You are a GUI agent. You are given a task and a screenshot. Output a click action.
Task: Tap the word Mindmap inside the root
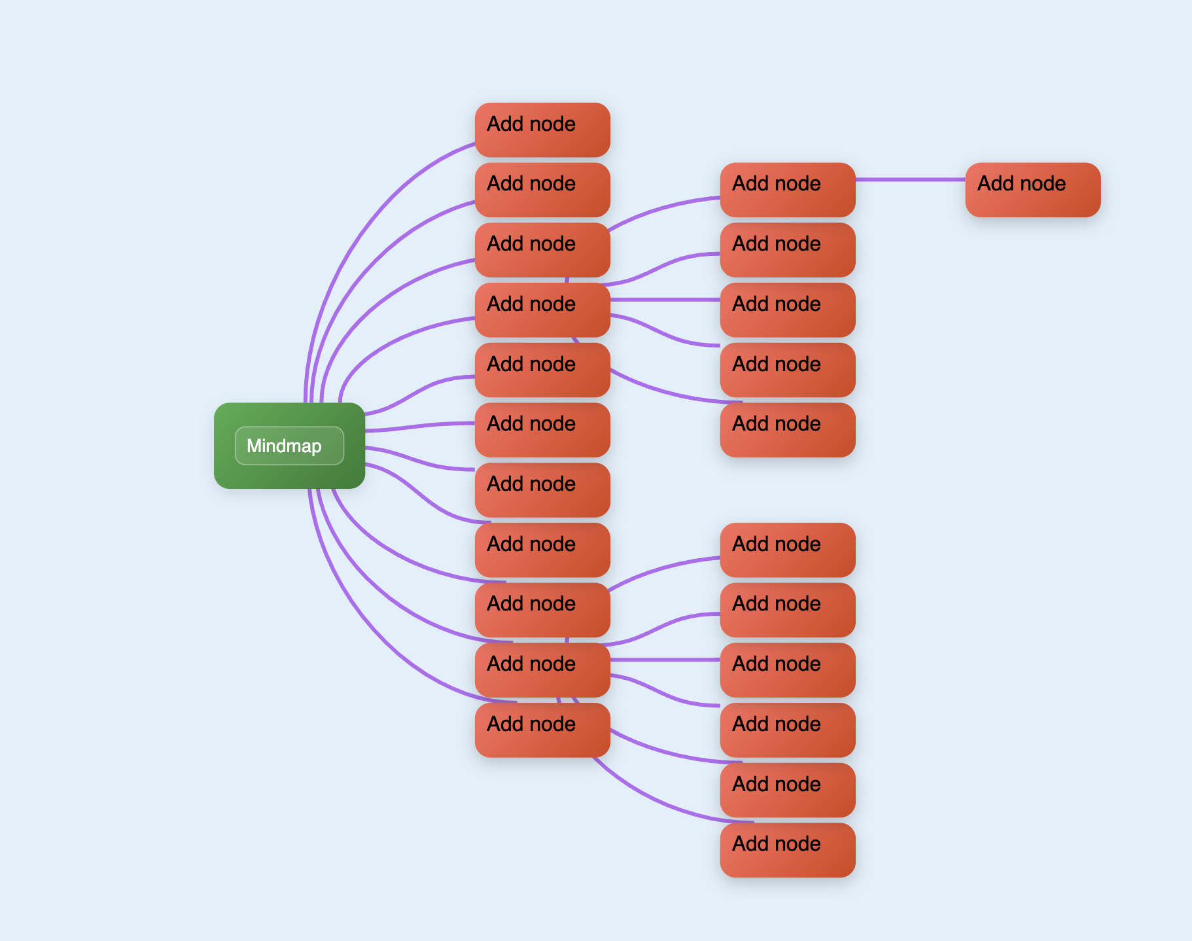tap(284, 446)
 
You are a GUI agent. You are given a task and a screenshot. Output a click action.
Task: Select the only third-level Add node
tap(1032, 190)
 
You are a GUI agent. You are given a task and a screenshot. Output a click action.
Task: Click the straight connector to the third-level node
tap(909, 179)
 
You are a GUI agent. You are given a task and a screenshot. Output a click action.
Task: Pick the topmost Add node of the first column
tap(542, 130)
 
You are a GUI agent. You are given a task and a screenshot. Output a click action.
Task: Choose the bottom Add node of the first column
tap(542, 730)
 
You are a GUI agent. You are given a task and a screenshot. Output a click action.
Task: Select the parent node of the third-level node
tap(787, 190)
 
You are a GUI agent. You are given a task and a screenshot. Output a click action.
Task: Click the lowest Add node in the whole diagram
tap(787, 850)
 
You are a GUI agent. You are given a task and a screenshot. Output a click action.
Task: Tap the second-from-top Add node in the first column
tap(542, 190)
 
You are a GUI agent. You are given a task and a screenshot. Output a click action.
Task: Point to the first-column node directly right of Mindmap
tap(542, 430)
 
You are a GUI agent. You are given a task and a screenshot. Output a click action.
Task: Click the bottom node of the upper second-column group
tap(787, 430)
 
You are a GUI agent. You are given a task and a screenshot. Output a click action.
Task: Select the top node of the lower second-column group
tap(787, 550)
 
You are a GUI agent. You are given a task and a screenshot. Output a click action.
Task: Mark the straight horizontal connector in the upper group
tap(664, 300)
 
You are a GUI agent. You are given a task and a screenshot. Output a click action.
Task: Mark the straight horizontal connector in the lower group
tap(664, 660)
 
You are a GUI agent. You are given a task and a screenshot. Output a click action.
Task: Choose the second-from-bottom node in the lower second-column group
tap(787, 790)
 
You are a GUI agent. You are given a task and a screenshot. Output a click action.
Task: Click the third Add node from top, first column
tap(542, 250)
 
